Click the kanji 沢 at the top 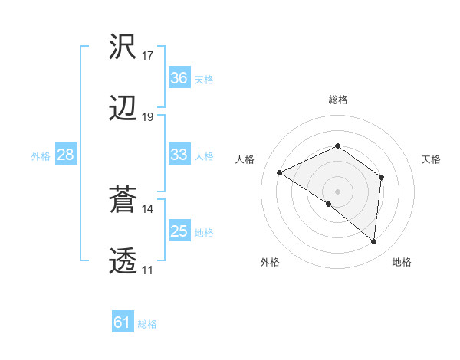tap(123, 48)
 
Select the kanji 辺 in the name tap(123, 109)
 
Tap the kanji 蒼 tap(123, 200)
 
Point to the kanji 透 tap(123, 262)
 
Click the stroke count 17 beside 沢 tap(148, 56)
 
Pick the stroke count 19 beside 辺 tap(148, 117)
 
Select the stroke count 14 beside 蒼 tap(148, 208)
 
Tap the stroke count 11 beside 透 tap(148, 270)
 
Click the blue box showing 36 tap(179, 78)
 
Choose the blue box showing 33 tap(179, 155)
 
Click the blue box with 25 tap(179, 231)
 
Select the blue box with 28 tap(65, 155)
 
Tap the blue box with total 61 tap(122, 322)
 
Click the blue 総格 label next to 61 tap(147, 324)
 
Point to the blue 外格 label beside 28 tap(41, 155)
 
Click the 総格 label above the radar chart tap(337, 100)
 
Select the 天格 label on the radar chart tap(432, 159)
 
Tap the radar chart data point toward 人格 tap(280, 173)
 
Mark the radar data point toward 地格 tap(374, 242)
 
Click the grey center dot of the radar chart tap(337, 191)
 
